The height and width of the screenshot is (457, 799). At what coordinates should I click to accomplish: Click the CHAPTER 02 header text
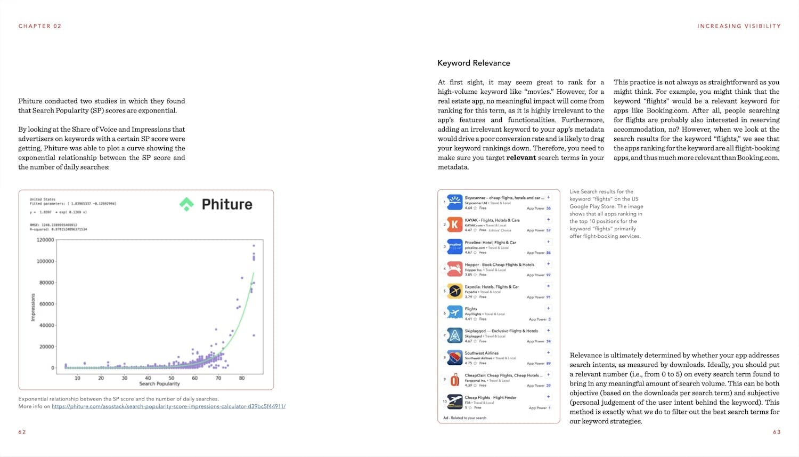click(x=40, y=26)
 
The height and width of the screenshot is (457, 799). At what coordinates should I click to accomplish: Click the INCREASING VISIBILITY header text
click(x=739, y=26)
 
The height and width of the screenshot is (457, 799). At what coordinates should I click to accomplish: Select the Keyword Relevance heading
click(x=474, y=63)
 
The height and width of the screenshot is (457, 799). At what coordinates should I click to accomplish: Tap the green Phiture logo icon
click(x=186, y=204)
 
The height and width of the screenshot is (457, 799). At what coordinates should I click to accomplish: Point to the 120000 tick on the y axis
click(x=45, y=240)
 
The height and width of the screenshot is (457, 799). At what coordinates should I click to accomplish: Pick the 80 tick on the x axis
click(x=242, y=378)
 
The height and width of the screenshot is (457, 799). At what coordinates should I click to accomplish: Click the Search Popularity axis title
click(x=159, y=384)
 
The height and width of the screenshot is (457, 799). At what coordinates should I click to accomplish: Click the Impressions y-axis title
click(x=33, y=308)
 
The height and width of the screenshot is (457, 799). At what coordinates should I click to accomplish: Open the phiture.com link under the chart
click(x=168, y=406)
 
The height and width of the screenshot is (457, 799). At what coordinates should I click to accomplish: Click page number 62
click(x=22, y=432)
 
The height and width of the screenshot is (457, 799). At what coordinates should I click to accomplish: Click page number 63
click(x=777, y=432)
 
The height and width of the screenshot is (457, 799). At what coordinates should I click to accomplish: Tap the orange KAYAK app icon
click(x=454, y=225)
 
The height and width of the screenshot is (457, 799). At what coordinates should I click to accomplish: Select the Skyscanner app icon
click(x=454, y=202)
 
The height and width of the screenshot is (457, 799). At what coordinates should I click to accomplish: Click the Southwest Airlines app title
click(x=482, y=353)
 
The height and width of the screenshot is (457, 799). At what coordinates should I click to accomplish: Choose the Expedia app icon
click(x=454, y=291)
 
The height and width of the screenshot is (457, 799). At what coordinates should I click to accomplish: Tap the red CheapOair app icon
click(x=454, y=380)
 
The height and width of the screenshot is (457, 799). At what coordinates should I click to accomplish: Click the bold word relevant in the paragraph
click(x=521, y=158)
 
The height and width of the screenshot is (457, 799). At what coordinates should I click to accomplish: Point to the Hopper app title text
click(x=499, y=264)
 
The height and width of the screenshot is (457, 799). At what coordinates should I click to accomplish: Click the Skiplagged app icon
click(x=454, y=335)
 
